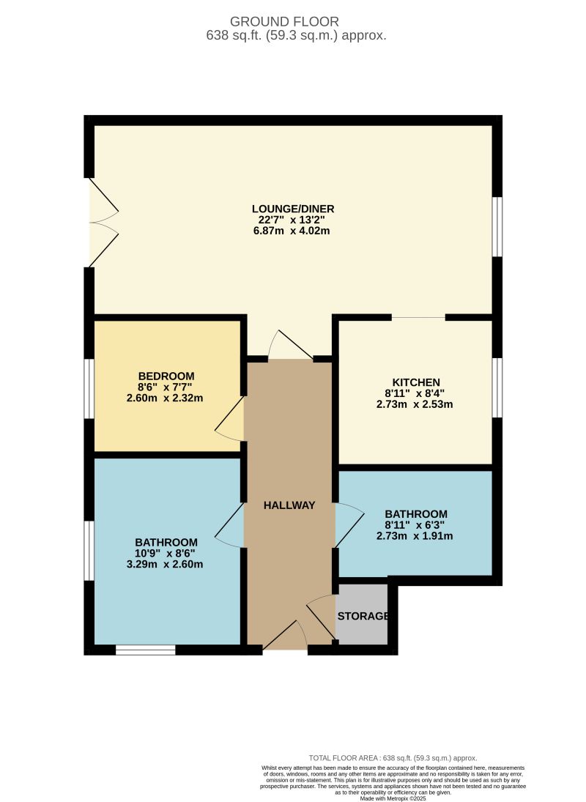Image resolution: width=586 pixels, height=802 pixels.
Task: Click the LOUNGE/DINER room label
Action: (293, 209)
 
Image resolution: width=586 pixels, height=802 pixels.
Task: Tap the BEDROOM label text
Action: (166, 376)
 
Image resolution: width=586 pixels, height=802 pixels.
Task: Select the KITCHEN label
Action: (416, 382)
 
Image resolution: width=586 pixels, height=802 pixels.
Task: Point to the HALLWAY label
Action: (289, 505)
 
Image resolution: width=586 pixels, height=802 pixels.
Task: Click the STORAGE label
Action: (363, 616)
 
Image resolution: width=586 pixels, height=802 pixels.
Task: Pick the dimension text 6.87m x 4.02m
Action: (293, 231)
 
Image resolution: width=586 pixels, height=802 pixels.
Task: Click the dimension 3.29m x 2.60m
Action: (166, 564)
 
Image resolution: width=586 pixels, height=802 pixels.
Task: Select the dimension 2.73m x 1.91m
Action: (415, 536)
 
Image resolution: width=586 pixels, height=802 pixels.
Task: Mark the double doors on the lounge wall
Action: (102, 223)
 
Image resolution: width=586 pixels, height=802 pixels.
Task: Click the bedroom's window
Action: (89, 388)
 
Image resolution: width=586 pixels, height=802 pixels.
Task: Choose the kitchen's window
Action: (497, 387)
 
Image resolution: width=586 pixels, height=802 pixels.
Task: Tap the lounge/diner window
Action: (497, 226)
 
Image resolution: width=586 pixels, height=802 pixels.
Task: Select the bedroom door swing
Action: (231, 421)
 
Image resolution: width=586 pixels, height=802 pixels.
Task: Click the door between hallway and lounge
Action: (291, 346)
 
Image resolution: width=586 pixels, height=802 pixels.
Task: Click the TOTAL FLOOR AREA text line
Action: (393, 758)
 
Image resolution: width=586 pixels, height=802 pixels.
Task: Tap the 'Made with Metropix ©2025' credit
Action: (393, 798)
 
